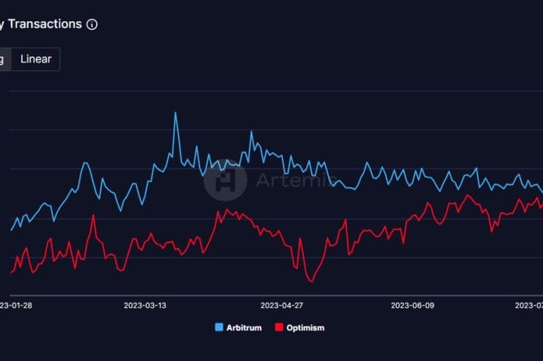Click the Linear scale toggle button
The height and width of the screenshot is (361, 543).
pyautogui.click(x=36, y=59)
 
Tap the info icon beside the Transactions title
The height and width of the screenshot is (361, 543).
pyautogui.click(x=92, y=24)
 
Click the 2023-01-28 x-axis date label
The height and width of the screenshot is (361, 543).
pyautogui.click(x=15, y=305)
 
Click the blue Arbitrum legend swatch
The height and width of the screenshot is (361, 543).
pyautogui.click(x=219, y=327)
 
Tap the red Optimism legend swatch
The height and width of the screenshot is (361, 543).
pyautogui.click(x=279, y=327)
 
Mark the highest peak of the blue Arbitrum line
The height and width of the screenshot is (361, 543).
pyautogui.click(x=175, y=112)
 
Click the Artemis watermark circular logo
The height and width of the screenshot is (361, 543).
pyautogui.click(x=225, y=180)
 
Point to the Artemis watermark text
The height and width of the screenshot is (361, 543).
pyautogui.click(x=295, y=180)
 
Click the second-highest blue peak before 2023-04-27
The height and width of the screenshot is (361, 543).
pyautogui.click(x=251, y=132)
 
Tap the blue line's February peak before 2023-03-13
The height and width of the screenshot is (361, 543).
pyautogui.click(x=85, y=162)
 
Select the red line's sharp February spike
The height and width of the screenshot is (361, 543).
pyautogui.click(x=93, y=215)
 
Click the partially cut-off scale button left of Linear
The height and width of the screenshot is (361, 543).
pyautogui.click(x=3, y=59)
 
